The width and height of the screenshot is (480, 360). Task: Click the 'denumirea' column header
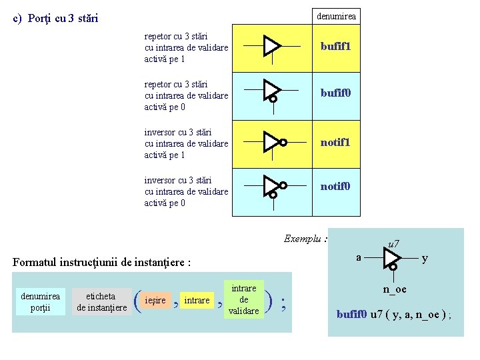click(x=336, y=15)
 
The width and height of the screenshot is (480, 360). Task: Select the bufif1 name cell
click(x=335, y=47)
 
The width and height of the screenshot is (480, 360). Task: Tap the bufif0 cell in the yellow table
click(x=335, y=93)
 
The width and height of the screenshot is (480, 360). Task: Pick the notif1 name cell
click(x=335, y=142)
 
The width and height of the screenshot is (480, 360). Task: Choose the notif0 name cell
click(x=335, y=187)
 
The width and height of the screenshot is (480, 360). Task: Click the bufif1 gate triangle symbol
click(x=271, y=46)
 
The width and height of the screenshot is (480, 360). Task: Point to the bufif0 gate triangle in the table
click(x=271, y=89)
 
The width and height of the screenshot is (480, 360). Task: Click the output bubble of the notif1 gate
click(x=283, y=142)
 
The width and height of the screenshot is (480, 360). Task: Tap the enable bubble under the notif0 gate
click(x=273, y=195)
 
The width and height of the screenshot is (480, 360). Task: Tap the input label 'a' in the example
click(x=359, y=257)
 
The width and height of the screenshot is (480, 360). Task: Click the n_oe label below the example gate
click(x=394, y=289)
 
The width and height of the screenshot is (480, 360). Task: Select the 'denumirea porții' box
click(x=40, y=301)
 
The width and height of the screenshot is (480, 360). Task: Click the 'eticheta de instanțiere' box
click(x=101, y=301)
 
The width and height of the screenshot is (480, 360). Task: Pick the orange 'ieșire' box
click(x=157, y=301)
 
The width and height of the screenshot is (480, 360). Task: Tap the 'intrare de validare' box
click(x=243, y=299)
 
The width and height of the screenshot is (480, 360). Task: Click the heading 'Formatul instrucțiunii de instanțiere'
click(x=102, y=263)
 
